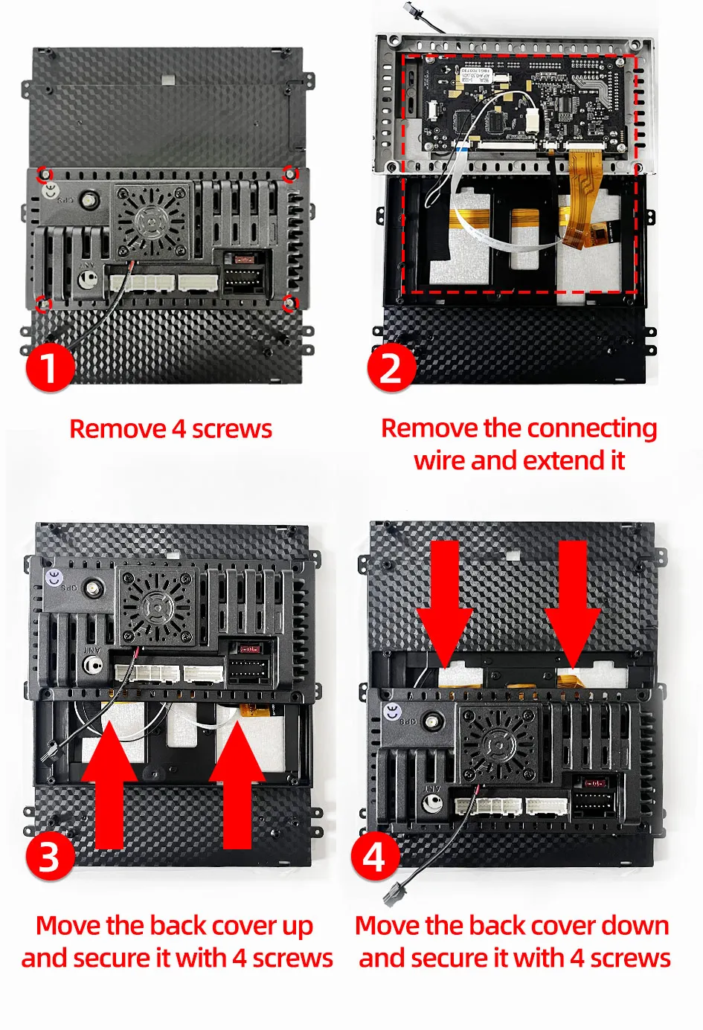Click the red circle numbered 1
tap(50, 367)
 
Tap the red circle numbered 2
tap(391, 367)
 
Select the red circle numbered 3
tap(50, 856)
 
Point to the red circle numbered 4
tap(374, 857)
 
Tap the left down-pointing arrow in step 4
tap(444, 604)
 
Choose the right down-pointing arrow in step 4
tap(573, 604)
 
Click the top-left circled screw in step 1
tap(45, 174)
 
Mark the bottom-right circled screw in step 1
tap(290, 303)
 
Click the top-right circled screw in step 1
tap(290, 173)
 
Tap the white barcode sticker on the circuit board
tap(477, 76)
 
